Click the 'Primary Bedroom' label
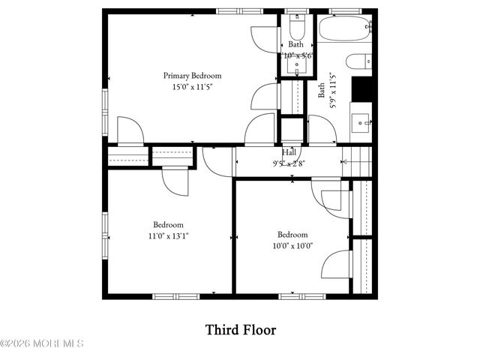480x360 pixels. (193, 75)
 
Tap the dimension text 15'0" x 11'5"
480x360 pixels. (193, 86)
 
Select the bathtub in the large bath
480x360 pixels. (344, 29)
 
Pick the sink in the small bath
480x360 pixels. (297, 67)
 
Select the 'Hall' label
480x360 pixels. (289, 151)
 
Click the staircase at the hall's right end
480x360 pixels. (358, 160)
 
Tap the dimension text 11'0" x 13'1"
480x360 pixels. (168, 235)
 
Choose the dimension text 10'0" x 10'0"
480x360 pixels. (292, 244)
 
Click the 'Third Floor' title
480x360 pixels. (241, 329)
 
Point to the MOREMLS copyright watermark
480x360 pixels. (42, 343)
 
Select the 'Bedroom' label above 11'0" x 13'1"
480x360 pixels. (168, 224)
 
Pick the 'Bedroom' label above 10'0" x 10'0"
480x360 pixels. (292, 234)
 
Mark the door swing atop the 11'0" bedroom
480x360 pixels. (175, 181)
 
